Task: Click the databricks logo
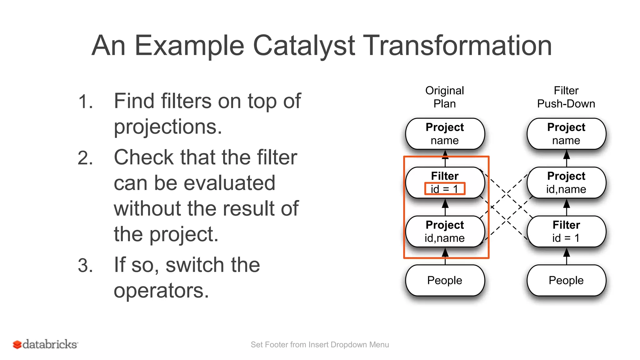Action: (x=45, y=344)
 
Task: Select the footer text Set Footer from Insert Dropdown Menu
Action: (x=320, y=344)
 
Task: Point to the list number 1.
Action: (x=85, y=102)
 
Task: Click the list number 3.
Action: (x=85, y=266)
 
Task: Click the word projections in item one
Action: (x=167, y=127)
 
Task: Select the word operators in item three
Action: (x=161, y=291)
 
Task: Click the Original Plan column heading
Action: (x=444, y=97)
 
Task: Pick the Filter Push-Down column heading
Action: (x=566, y=97)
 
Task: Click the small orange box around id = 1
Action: (x=445, y=189)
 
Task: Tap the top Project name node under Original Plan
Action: (x=445, y=134)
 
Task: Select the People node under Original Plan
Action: (x=445, y=280)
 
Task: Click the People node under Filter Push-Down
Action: (x=566, y=280)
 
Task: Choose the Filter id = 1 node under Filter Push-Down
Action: (x=566, y=231)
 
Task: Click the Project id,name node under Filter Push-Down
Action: (x=566, y=182)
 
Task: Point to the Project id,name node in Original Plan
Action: (x=445, y=231)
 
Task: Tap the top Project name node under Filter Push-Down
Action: (x=566, y=134)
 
